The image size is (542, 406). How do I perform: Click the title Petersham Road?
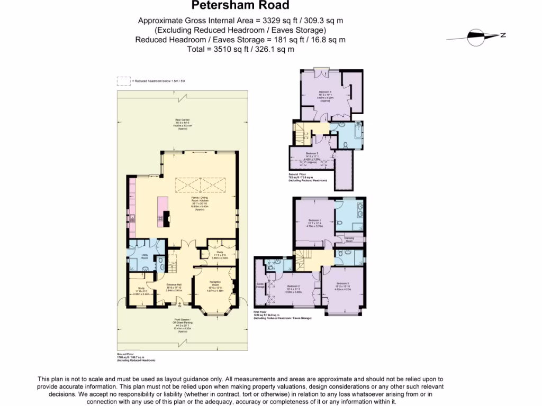point(240,6)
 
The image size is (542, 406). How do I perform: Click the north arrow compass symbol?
point(475,36)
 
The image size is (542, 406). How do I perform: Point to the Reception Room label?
point(215,283)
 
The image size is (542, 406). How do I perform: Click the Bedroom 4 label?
point(325,94)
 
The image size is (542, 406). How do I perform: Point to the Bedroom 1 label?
point(315,222)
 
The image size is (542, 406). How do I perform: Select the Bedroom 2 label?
point(294,288)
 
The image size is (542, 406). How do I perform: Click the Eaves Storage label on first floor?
point(260,287)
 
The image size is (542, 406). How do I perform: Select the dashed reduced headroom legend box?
point(123,81)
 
